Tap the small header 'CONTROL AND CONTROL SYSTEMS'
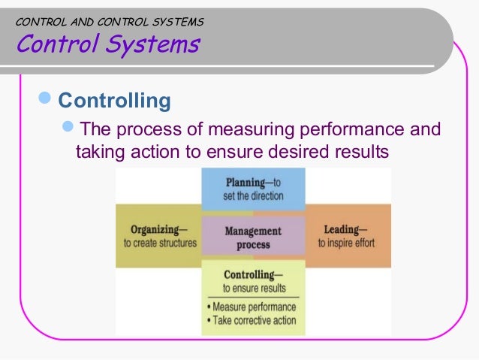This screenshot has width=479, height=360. pyautogui.click(x=109, y=23)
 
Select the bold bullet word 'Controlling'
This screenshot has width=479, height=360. pyautogui.click(x=115, y=100)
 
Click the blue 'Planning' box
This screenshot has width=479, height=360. pyautogui.click(x=253, y=189)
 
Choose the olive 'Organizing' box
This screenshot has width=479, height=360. pyautogui.click(x=158, y=236)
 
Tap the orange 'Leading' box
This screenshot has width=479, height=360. pyautogui.click(x=348, y=236)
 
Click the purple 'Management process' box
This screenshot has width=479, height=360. pyautogui.click(x=253, y=237)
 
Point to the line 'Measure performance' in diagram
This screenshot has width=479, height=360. pyautogui.click(x=251, y=307)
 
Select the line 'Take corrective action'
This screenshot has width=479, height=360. pyautogui.click(x=251, y=321)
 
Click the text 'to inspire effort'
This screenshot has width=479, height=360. pyautogui.click(x=345, y=244)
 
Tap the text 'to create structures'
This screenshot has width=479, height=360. pyautogui.click(x=160, y=244)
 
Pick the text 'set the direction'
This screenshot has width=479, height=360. pyautogui.click(x=253, y=196)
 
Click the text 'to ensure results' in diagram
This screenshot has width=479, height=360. pyautogui.click(x=254, y=288)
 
